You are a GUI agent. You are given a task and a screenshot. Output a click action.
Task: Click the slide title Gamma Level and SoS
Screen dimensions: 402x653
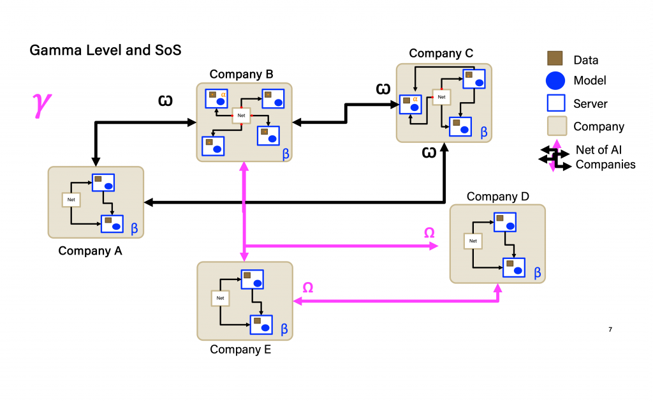coord(105,50)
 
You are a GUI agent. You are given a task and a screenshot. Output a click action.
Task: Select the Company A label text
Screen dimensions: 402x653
coord(90,251)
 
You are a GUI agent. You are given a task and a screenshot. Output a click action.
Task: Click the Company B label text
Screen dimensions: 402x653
coord(241,74)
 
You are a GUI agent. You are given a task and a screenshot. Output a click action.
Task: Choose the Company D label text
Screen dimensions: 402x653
coord(497,197)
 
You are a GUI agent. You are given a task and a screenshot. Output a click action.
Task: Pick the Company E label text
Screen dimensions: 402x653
coord(240,349)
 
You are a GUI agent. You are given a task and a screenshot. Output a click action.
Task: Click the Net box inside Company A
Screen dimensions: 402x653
coord(71,200)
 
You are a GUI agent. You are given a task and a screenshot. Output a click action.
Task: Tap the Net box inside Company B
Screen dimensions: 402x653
coord(241,115)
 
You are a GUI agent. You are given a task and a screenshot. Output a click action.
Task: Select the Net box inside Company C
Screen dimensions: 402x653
coord(441,97)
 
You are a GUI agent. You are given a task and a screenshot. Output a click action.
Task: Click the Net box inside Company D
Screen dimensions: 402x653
coord(473,241)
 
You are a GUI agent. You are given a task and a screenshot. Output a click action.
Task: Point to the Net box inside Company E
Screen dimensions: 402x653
coord(220,298)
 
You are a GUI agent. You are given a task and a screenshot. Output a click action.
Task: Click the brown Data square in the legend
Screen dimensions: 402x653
coord(555,59)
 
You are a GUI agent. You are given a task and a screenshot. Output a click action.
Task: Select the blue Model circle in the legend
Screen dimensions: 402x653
coord(555,80)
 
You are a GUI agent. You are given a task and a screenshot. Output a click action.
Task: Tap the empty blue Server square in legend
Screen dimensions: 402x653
coord(555,103)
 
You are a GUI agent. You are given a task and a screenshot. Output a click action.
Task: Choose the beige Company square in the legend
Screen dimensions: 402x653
coord(555,126)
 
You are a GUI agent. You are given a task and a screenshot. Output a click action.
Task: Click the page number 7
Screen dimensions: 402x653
coord(610,329)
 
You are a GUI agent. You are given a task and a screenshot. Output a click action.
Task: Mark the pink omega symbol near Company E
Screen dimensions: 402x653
coord(307,288)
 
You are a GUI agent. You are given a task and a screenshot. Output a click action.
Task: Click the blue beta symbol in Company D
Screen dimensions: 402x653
coord(537,272)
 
